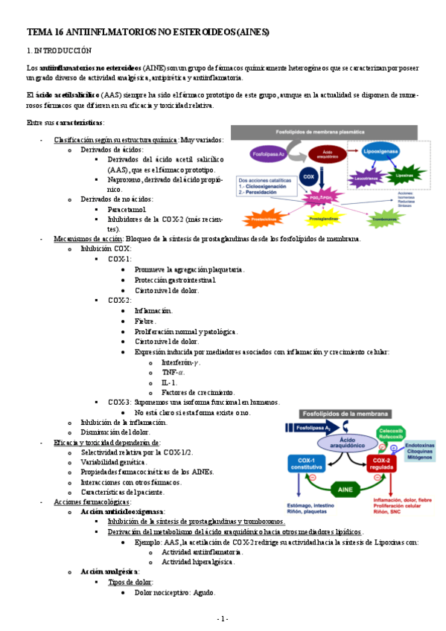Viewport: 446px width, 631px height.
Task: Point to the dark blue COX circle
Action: [x=307, y=177]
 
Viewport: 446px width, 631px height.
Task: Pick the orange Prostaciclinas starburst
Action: [x=266, y=219]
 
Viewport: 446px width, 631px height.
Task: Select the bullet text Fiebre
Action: [x=144, y=321]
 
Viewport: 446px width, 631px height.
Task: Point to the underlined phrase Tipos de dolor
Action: [x=131, y=581]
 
